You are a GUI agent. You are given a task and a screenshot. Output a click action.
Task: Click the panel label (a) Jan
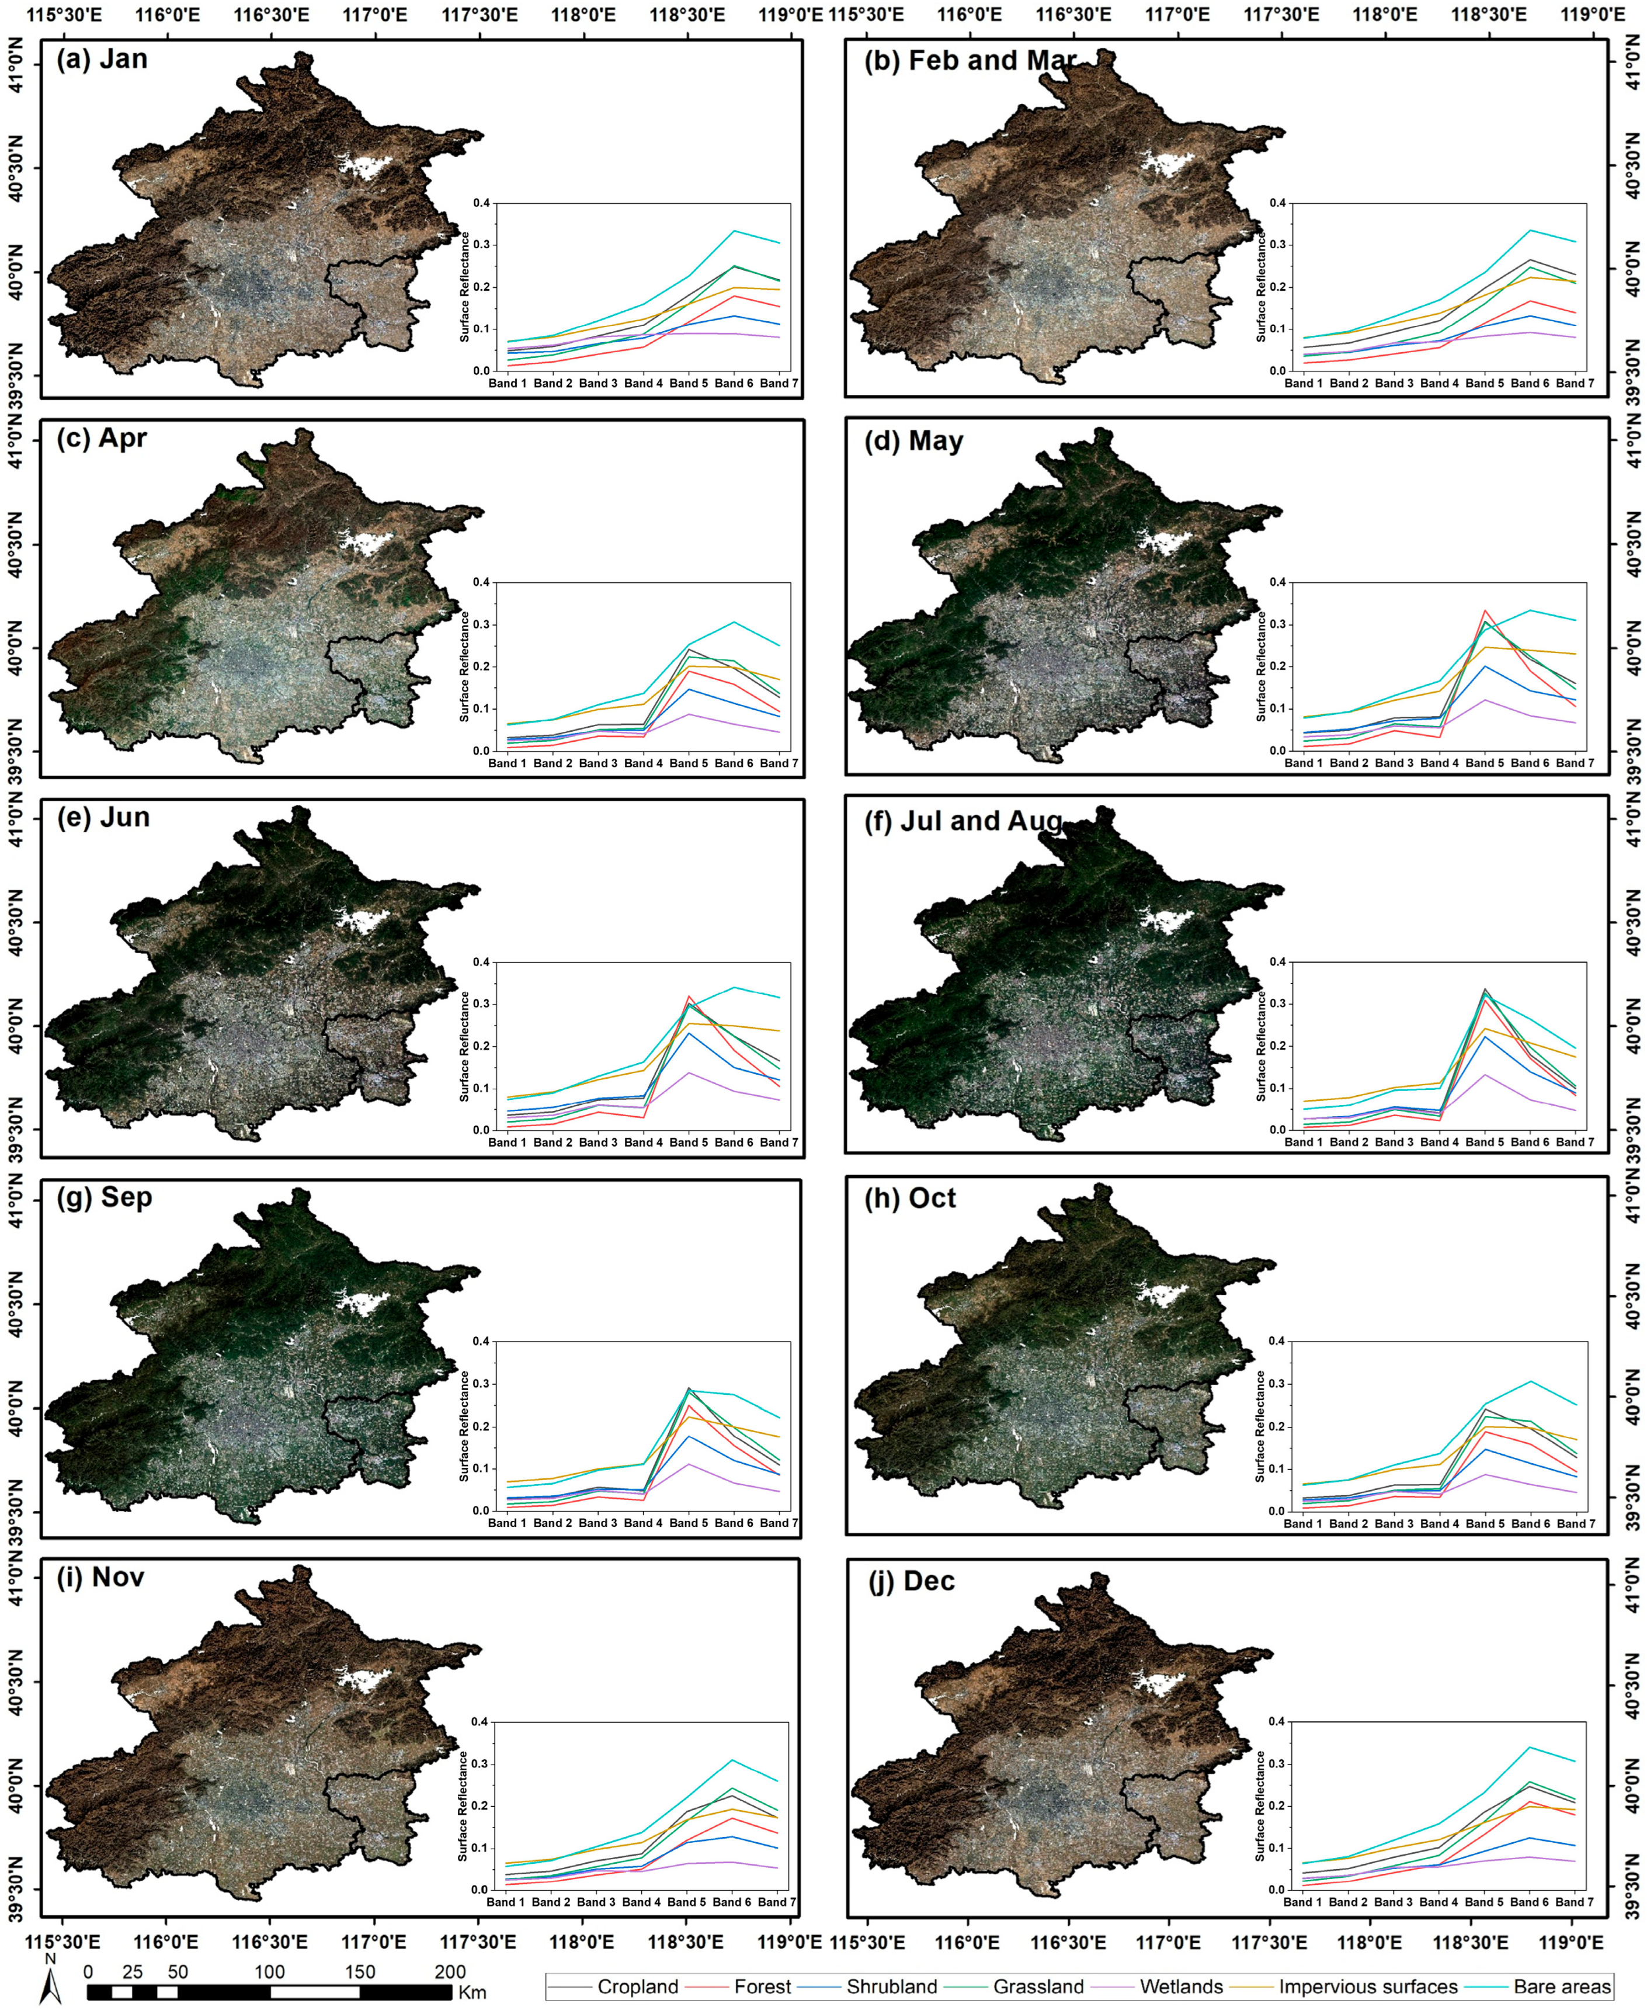click(102, 59)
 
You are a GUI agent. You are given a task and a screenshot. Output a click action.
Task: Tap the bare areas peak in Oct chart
click(1530, 1381)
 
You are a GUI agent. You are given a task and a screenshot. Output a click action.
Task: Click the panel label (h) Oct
click(909, 1198)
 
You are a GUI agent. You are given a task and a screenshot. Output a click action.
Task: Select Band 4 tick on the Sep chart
click(642, 1523)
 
